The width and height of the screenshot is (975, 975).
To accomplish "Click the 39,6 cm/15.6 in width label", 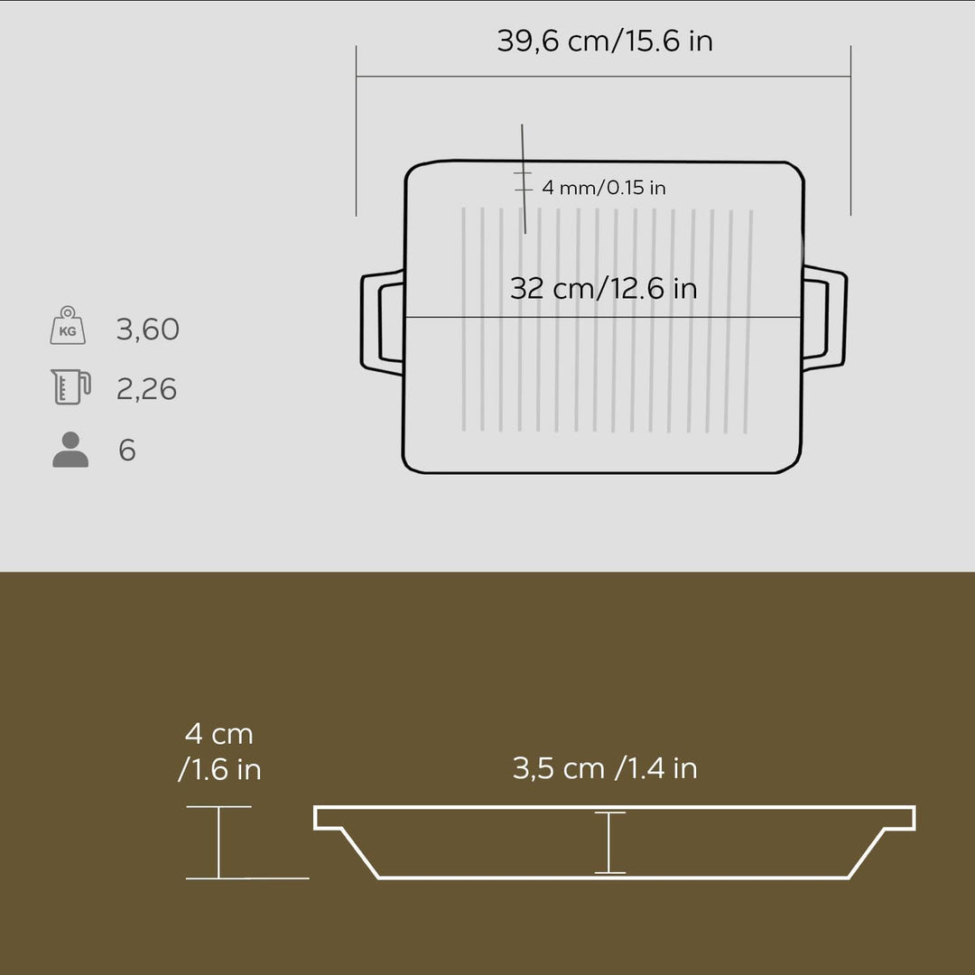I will [604, 42].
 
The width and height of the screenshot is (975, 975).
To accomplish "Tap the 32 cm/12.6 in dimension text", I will [603, 288].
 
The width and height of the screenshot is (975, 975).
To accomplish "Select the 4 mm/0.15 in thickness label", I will [603, 188].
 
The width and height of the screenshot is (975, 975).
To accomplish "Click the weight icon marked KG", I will [69, 327].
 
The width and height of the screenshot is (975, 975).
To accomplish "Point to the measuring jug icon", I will [70, 387].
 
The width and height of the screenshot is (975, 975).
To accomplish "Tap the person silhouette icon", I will [70, 450].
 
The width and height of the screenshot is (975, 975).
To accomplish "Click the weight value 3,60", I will [148, 330].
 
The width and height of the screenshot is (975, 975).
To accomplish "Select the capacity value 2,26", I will [146, 389].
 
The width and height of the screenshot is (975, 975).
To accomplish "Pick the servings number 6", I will [127, 450].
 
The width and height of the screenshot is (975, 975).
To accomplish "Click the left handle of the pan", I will [377, 320].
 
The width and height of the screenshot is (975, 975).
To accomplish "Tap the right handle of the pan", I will [829, 318].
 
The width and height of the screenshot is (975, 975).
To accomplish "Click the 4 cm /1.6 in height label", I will [219, 751].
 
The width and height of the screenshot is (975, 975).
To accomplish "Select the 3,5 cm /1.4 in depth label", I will [605, 768].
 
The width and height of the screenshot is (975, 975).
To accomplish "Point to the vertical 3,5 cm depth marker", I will [609, 842].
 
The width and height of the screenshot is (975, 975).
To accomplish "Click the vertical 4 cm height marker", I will [218, 842].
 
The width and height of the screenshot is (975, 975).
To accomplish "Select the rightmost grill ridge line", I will [749, 321].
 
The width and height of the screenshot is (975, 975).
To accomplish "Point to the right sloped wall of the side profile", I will [869, 853].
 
